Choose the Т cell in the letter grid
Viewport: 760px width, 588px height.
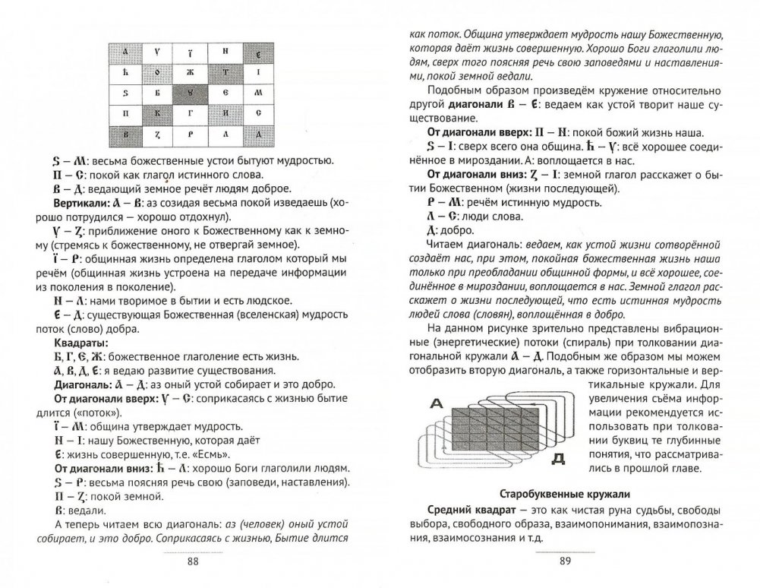224,74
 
